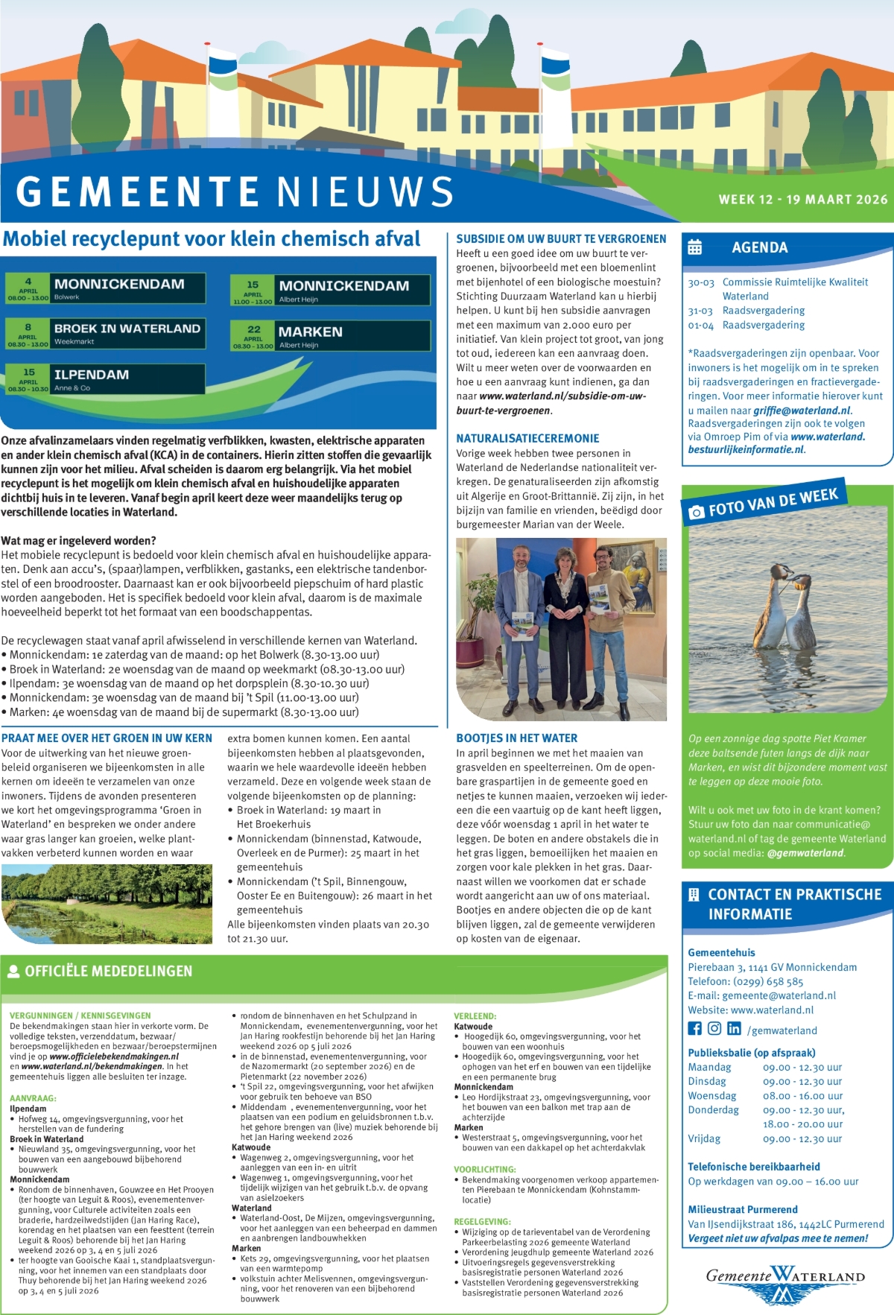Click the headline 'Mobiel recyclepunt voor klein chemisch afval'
coord(212,239)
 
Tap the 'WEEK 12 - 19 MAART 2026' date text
coord(802,200)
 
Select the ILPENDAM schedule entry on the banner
coord(104,378)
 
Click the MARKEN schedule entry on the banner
coord(330,335)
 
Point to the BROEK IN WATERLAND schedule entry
coord(104,333)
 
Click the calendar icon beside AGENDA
coord(694,247)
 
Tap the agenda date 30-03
coord(700,282)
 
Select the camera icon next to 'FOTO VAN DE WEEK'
coord(697,512)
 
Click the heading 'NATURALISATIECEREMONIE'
coord(527,439)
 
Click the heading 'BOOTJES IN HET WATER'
coord(516,738)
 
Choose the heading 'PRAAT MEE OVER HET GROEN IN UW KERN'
coord(107,738)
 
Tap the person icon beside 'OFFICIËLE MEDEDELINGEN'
coord(13,971)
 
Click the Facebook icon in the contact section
coord(694,1029)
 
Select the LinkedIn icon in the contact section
coord(734,1029)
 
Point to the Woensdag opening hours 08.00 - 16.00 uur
coord(802,1096)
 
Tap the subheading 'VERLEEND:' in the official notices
coord(475,1016)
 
